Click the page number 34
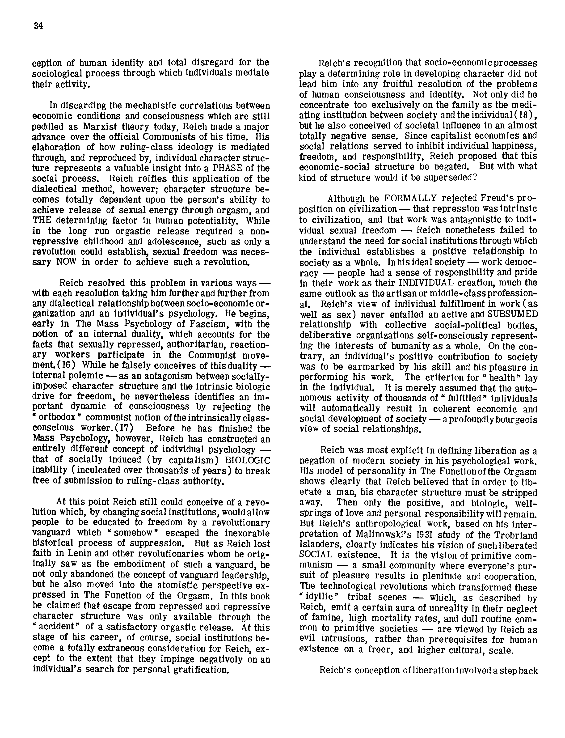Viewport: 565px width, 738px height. pyautogui.click(x=38, y=26)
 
